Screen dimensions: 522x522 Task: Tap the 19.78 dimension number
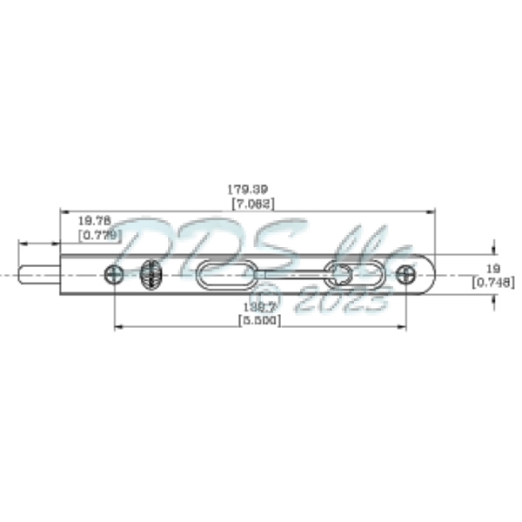point(94,222)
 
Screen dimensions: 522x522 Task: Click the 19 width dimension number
point(492,268)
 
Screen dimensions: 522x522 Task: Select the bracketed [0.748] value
point(492,282)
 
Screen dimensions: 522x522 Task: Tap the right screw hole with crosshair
point(405,275)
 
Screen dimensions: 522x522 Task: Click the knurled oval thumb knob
point(150,275)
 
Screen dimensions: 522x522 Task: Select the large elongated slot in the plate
point(225,275)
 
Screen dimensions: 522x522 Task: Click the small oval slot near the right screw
point(338,275)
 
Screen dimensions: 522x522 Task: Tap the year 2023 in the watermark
point(343,301)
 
